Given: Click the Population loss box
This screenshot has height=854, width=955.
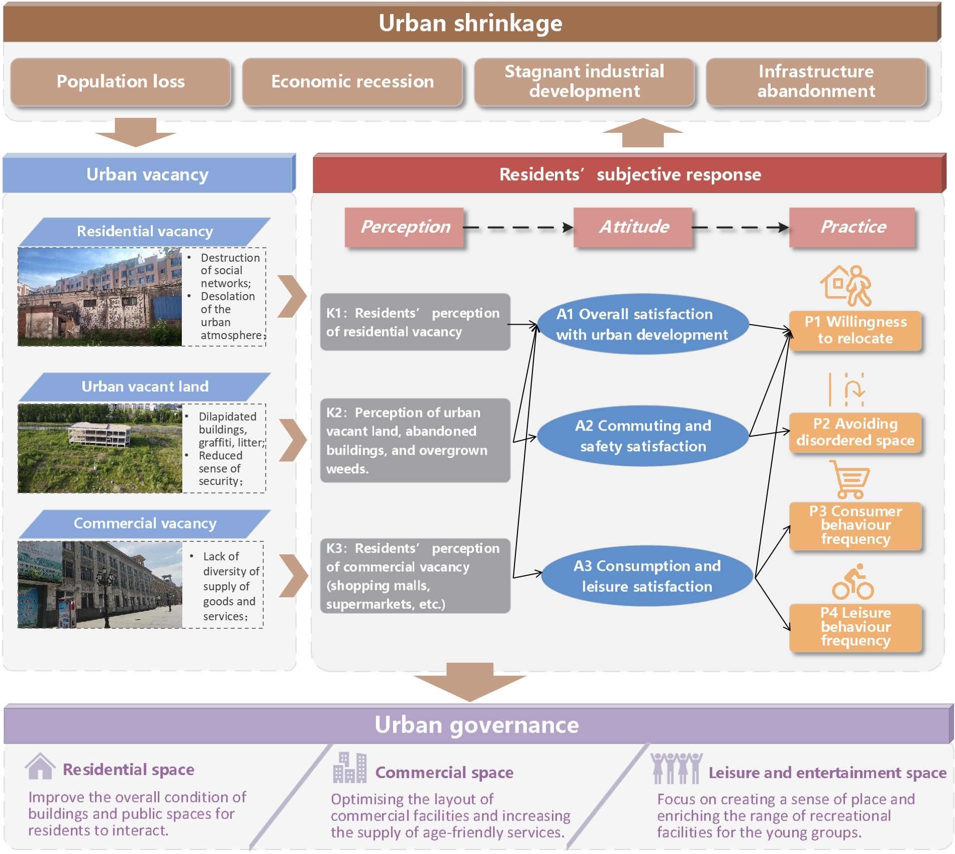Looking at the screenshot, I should point(120,81).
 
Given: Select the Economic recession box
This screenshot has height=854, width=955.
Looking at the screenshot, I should point(352,81).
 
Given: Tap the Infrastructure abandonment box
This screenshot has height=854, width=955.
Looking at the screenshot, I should point(816,81).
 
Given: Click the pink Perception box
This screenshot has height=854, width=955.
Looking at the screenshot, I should point(405,227).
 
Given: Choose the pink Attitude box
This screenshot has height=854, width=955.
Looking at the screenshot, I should point(633,227).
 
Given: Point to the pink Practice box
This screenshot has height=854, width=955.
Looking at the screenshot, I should point(852,227).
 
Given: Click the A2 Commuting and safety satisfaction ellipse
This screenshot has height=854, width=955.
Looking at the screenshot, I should point(642,435).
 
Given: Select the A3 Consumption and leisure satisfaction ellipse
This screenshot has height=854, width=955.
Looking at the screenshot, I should point(646,576).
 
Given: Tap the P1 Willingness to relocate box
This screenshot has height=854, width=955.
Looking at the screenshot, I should point(855,330).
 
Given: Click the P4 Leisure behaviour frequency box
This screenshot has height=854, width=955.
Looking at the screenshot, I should point(855,627).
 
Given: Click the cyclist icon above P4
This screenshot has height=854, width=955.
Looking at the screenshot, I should point(853,582).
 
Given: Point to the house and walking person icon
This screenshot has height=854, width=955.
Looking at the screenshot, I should point(846,285).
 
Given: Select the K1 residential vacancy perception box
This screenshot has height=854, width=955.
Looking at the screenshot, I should point(415,322).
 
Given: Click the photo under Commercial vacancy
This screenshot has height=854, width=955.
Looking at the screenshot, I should point(100,584).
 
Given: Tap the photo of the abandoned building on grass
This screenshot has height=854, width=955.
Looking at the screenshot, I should point(100,448).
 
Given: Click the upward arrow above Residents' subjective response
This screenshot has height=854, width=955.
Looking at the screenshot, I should point(643,132).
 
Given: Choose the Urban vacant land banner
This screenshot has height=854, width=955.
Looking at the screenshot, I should point(145,387).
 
